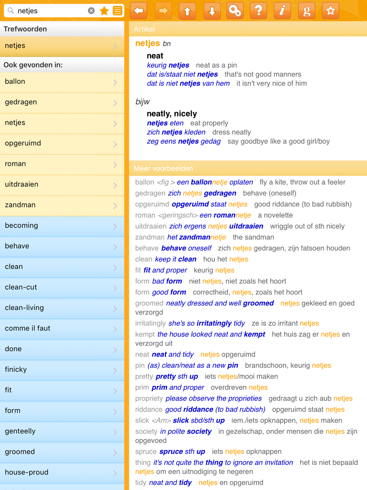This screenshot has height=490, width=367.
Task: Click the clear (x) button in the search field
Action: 91,11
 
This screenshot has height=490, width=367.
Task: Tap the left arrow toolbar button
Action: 139,11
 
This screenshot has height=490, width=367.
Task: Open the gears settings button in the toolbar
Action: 235,11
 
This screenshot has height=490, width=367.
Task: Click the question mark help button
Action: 258,11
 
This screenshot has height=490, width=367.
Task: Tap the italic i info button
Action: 282,11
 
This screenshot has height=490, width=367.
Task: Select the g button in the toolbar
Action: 306,11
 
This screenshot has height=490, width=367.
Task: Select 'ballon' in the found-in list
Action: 62,82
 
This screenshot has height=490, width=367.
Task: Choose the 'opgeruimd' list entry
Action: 62,143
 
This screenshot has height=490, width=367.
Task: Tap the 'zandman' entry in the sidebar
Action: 62,205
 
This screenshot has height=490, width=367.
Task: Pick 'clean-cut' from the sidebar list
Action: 62,287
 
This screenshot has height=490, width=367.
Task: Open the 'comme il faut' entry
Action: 62,329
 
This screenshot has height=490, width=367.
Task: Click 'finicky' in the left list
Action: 62,370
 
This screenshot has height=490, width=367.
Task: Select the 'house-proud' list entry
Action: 62,473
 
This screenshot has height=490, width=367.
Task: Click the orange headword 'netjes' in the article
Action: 148,43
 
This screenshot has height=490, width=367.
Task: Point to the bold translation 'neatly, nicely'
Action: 172,114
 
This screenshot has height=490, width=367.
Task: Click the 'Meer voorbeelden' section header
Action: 163,168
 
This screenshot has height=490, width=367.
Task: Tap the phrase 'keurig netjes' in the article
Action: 168,65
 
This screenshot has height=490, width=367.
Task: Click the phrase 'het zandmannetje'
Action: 196,237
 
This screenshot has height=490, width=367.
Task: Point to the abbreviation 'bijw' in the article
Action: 142,102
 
